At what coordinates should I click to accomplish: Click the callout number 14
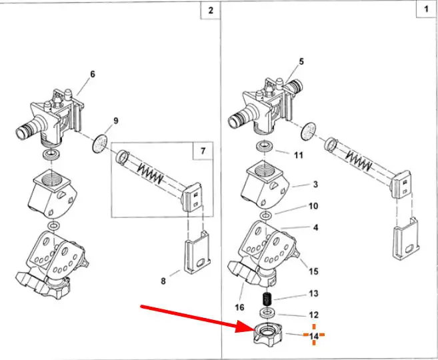[313, 337]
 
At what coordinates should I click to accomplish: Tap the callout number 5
[301, 61]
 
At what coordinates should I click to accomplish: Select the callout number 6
[93, 74]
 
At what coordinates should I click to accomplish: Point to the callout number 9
[115, 121]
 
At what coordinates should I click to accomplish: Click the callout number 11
[299, 155]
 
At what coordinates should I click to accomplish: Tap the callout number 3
[315, 184]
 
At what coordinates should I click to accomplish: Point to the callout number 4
[315, 227]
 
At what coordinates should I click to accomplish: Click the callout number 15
[314, 271]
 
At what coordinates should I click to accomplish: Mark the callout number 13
[313, 293]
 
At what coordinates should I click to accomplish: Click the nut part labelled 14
[269, 332]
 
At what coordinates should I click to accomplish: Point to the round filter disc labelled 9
[101, 142]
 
